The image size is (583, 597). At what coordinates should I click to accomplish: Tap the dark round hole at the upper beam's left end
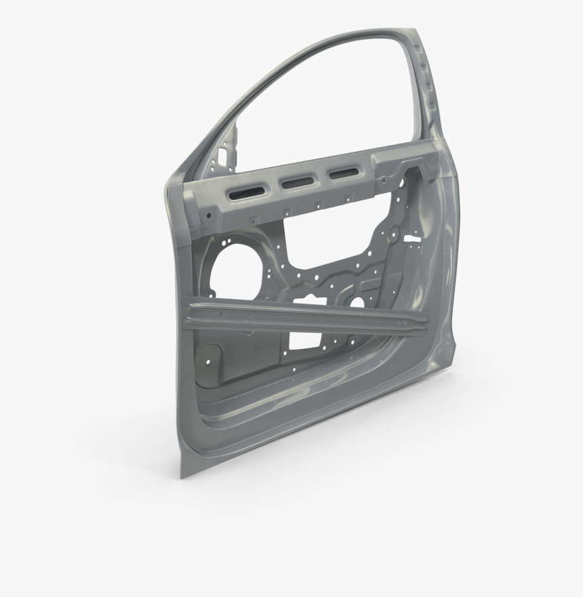click(209, 216)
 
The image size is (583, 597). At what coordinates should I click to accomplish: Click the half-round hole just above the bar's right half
click(357, 302)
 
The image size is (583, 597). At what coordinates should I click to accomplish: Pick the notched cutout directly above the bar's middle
click(312, 298)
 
